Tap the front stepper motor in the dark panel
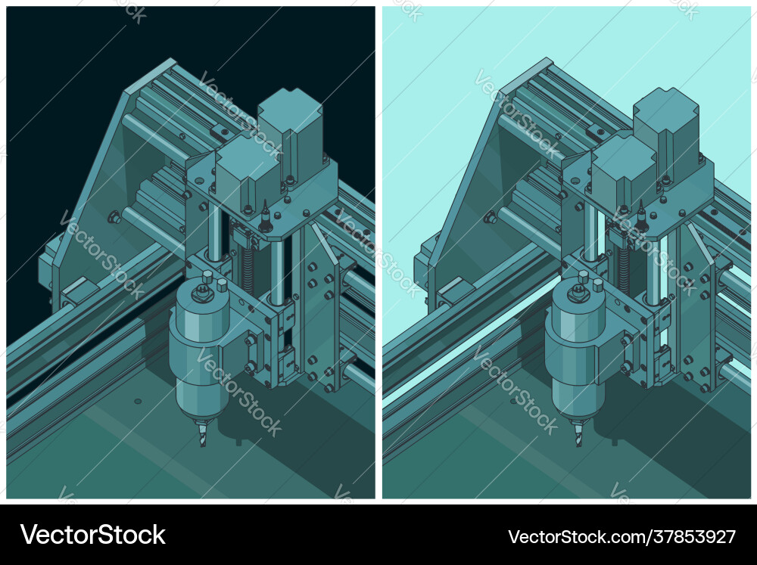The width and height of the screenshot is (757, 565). pos(247,172)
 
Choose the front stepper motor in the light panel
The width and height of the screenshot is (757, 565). pos(622,172)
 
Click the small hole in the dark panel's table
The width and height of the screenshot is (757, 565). pos(137,401)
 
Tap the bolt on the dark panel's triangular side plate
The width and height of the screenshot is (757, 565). pos(114,218)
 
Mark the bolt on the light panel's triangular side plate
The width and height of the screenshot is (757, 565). pos(489,218)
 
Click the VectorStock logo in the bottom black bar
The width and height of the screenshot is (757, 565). pos(93,536)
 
